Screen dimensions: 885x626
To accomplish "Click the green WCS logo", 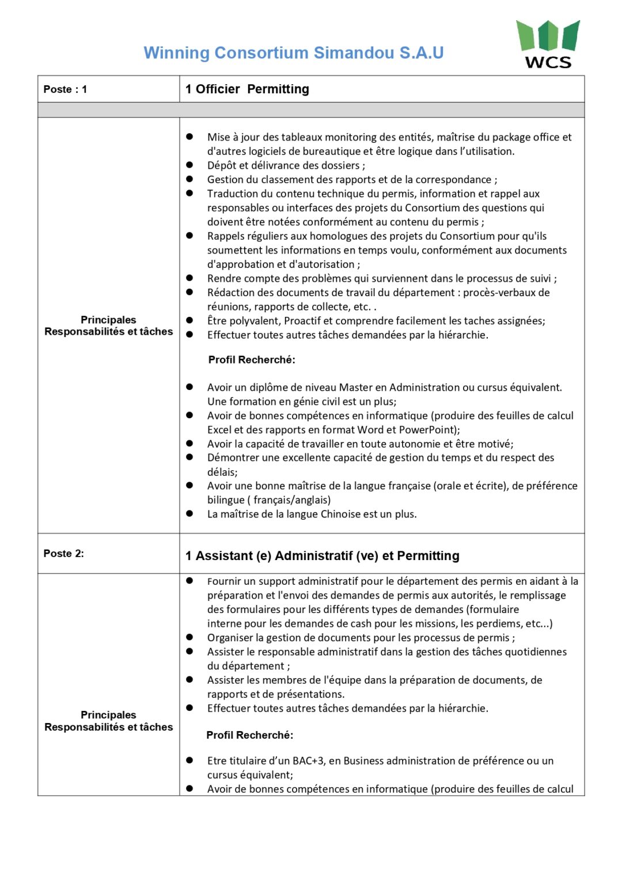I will (548, 43).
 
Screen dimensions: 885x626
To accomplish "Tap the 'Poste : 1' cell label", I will (65, 89).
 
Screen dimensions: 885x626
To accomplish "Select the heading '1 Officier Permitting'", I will (247, 89).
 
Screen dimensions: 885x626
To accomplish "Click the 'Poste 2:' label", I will (63, 554).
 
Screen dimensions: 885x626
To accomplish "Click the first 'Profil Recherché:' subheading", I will (252, 360).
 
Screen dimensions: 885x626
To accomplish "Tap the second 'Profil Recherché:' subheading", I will (250, 735).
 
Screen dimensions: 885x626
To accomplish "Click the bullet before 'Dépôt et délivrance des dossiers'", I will (189, 165).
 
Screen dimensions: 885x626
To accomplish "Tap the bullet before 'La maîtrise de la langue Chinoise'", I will (189, 514).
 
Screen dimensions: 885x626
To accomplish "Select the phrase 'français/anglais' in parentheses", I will (292, 500).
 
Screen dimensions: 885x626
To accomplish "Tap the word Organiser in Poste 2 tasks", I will (230, 638).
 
